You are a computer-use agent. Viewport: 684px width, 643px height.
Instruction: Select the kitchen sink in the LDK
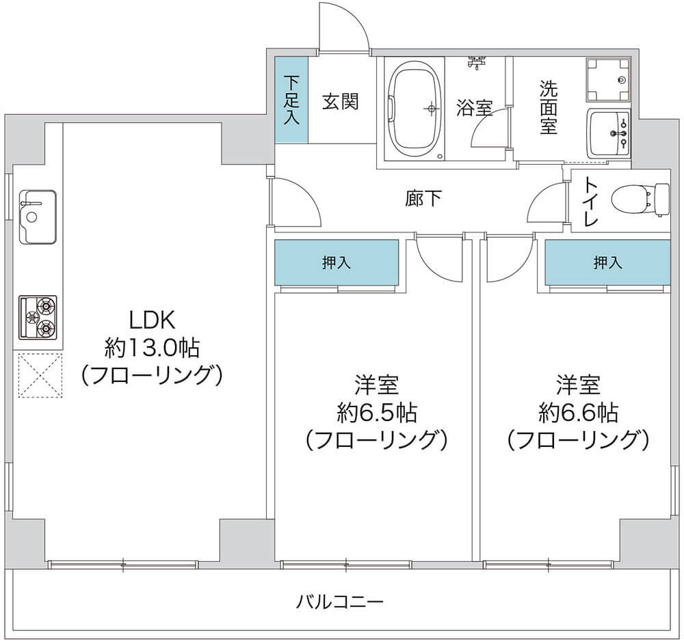(x=38, y=217)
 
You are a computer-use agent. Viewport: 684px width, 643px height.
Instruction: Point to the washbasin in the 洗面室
(x=609, y=133)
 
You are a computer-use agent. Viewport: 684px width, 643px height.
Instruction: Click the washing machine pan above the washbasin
(x=608, y=80)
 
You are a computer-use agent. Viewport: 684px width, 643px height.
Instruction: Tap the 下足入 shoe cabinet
(x=291, y=100)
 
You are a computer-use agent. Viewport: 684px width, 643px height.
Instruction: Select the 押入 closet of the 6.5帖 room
(x=337, y=262)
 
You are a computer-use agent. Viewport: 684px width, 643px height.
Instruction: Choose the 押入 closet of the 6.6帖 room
(x=607, y=262)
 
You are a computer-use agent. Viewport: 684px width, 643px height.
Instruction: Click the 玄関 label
(x=341, y=102)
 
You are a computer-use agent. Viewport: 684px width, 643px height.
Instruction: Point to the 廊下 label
(x=423, y=200)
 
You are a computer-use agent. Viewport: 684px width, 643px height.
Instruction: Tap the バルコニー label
(x=340, y=602)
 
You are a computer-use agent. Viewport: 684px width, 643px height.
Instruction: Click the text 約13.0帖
(x=152, y=348)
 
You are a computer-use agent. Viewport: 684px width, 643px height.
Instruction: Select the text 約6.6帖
(x=578, y=412)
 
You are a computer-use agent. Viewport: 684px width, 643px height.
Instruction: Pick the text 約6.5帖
(x=376, y=412)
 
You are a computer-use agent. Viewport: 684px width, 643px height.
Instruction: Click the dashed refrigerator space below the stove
(x=40, y=375)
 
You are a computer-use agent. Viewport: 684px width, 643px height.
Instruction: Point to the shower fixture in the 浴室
(x=477, y=63)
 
